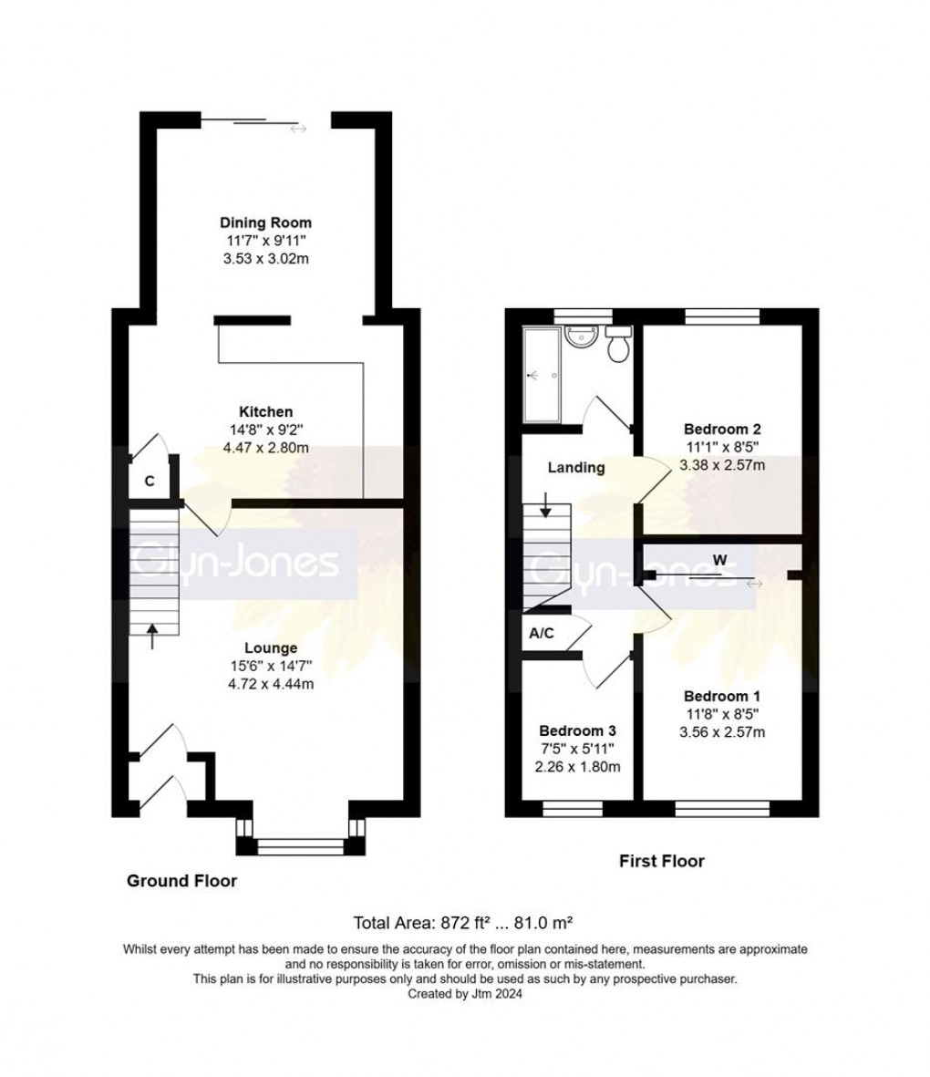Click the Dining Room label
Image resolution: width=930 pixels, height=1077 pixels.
click(265, 223)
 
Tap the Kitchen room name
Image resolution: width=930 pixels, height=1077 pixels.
click(265, 412)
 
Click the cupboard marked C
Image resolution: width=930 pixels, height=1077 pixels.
click(149, 481)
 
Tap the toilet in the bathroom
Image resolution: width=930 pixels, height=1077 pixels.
click(619, 344)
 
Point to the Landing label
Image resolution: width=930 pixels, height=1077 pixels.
click(575, 468)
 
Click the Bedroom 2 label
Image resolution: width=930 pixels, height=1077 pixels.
click(722, 429)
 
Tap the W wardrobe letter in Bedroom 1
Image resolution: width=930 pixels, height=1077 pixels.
click(719, 560)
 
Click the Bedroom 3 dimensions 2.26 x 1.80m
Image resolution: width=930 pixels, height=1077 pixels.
click(577, 766)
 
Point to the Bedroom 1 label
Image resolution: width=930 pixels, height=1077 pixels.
click(722, 696)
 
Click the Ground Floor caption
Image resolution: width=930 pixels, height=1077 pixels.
click(181, 880)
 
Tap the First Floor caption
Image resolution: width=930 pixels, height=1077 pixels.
click(661, 860)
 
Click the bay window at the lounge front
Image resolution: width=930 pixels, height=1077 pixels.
click(300, 845)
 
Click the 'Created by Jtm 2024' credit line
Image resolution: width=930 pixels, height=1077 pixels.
click(465, 994)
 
